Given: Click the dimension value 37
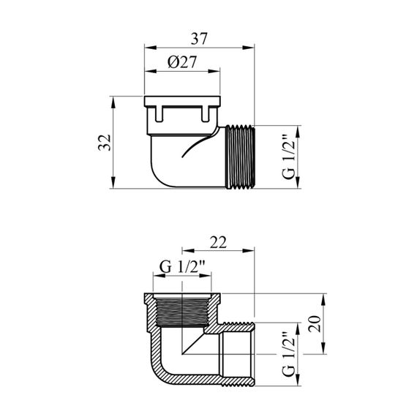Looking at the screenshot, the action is (x=199, y=39).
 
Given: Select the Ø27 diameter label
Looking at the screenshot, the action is (x=182, y=62).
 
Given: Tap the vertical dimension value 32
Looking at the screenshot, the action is (x=105, y=143).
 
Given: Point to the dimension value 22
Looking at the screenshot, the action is (x=218, y=242).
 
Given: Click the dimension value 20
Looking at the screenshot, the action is (x=315, y=324).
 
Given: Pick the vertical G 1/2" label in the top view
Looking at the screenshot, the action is (x=288, y=157).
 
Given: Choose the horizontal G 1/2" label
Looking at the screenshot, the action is (x=182, y=267).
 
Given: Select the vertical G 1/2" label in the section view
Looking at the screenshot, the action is (x=288, y=353).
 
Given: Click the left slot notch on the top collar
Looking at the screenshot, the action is (x=159, y=114).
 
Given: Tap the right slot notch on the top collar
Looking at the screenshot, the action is (x=205, y=114).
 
